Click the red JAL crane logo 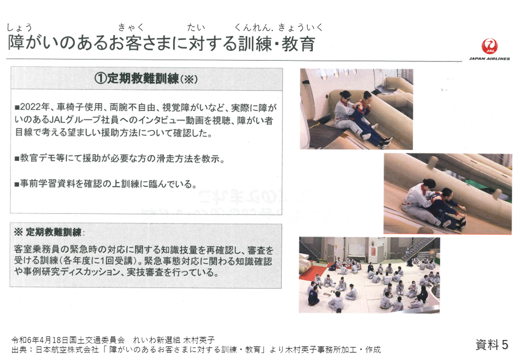[489, 46]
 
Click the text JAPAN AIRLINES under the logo [489, 58]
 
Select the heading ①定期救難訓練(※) [146, 79]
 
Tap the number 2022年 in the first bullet [35, 107]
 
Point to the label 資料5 [492, 344]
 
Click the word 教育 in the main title [298, 44]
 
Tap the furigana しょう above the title [19, 27]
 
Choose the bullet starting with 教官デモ [119, 158]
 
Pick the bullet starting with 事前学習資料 [106, 183]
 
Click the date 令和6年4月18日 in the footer [40, 340]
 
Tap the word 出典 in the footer [19, 349]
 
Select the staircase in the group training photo [418, 248]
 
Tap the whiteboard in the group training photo [356, 249]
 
